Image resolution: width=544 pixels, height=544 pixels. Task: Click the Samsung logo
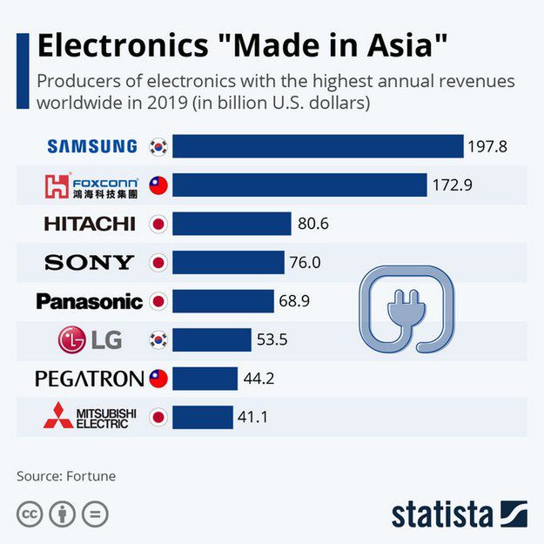[x=91, y=146]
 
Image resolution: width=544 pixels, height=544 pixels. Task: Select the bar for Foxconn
[x=299, y=185]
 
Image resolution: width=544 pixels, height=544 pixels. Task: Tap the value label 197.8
[x=487, y=146]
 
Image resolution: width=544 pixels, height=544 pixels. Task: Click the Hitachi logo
[x=90, y=224]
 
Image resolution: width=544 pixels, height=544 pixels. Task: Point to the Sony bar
[x=228, y=262]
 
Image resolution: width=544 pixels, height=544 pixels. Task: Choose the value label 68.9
[x=294, y=301]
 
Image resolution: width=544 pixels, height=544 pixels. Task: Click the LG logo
[x=90, y=339]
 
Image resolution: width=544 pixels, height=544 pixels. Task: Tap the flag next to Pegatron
[x=158, y=379]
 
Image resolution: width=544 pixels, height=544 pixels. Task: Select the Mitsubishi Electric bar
[x=202, y=417]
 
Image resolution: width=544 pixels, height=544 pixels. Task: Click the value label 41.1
[x=252, y=417]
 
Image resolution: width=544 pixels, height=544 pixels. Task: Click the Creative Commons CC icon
[x=30, y=514]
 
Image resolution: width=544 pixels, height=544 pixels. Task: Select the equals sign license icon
[x=95, y=514]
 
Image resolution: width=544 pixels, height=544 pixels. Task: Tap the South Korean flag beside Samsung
[x=158, y=146]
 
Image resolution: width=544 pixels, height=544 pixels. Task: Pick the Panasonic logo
[x=89, y=302]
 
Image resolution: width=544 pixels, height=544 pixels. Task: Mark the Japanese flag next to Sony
[x=158, y=262]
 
